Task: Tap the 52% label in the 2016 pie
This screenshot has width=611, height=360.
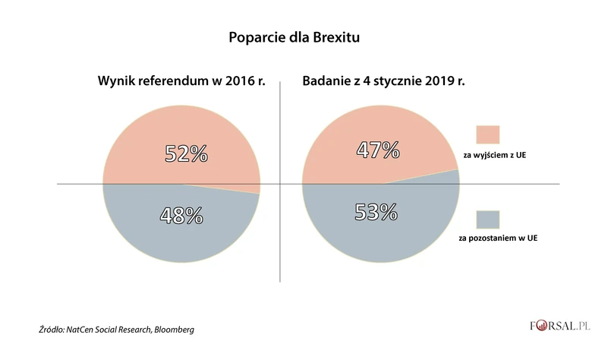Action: (187, 154)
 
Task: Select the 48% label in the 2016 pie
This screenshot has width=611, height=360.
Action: (181, 215)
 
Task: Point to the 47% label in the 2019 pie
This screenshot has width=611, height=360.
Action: (378, 150)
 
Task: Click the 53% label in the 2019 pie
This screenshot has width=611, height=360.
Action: (376, 211)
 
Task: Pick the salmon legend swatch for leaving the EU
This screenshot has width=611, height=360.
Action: (487, 134)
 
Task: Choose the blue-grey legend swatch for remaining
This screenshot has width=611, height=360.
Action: (487, 221)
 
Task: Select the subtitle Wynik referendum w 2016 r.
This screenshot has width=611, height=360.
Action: (181, 81)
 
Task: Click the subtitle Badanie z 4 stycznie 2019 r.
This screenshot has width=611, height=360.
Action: (383, 81)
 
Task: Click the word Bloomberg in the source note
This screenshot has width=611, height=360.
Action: (172, 330)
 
